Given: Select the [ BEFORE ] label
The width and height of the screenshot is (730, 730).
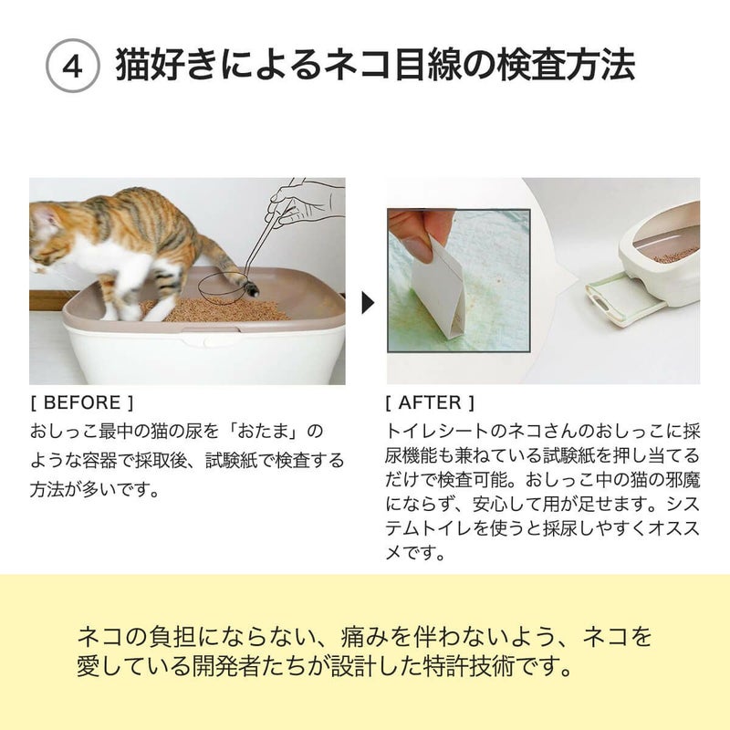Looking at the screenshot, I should pyautogui.click(x=82, y=402).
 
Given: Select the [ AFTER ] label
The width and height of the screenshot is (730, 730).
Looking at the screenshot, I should pyautogui.click(x=430, y=402).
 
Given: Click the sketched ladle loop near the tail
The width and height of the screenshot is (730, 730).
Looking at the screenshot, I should pyautogui.click(x=219, y=285).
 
